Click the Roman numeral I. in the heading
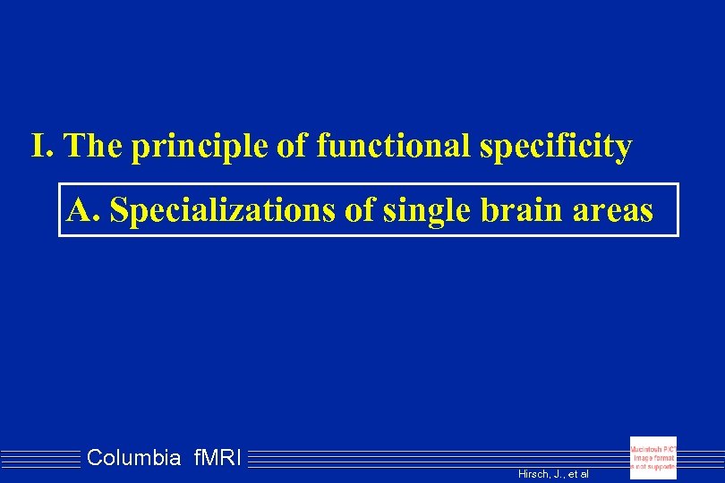click(43, 145)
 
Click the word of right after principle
click(291, 145)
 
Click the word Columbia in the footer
click(133, 459)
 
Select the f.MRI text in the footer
click(215, 459)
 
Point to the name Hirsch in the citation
click(533, 473)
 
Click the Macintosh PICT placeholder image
click(653, 458)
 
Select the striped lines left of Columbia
click(40, 459)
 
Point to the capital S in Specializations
click(127, 210)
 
